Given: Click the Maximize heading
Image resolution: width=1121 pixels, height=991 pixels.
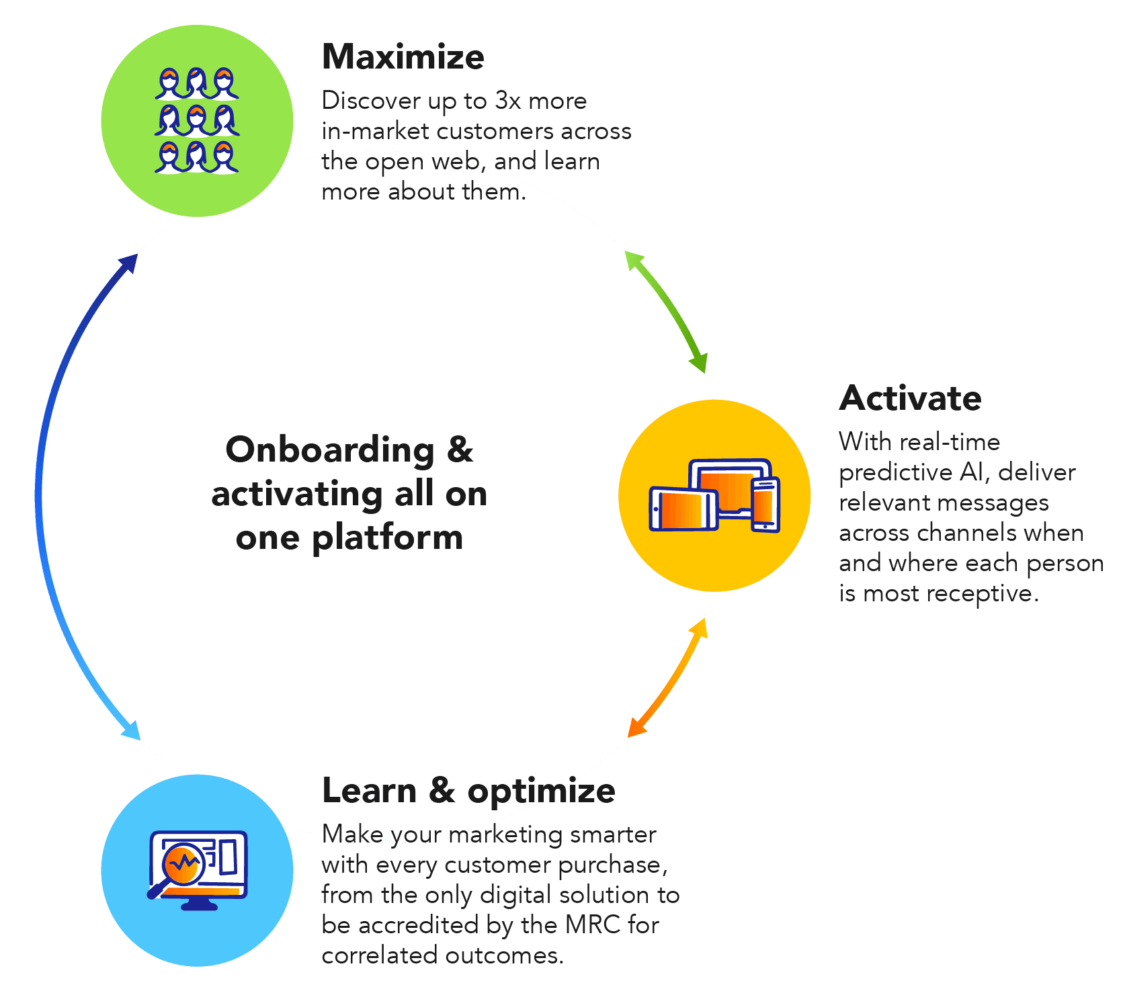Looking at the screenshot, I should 403,57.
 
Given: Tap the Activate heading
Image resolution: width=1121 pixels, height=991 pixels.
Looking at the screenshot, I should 910,398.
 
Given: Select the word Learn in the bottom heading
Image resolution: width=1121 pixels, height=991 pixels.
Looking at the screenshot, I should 369,790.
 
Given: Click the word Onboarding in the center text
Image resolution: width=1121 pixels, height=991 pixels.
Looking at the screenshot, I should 330,450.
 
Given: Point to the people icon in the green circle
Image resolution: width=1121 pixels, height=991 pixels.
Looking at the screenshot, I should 197,120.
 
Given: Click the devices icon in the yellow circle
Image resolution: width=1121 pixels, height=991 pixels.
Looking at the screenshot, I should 714,496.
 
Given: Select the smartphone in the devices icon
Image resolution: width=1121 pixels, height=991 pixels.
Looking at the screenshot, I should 765,505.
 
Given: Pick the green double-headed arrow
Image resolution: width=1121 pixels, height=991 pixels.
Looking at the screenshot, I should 666,311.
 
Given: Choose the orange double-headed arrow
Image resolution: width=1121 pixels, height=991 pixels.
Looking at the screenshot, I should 667,679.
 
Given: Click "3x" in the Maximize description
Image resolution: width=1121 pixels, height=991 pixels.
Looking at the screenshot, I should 507,101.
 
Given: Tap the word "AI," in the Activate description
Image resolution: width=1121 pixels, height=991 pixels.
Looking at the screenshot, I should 975,472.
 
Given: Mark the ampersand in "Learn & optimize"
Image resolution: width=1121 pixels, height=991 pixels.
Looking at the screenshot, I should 442,790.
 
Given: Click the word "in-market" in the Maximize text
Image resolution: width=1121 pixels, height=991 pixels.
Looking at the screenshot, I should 375,131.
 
